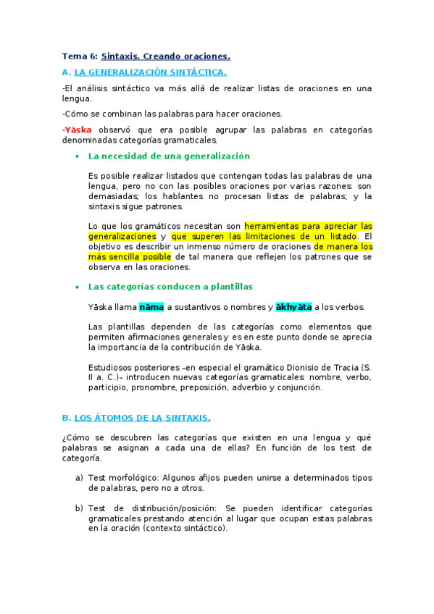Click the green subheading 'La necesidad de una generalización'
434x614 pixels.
point(169,156)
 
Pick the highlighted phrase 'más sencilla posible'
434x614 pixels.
point(130,256)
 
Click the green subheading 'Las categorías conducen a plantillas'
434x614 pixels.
point(170,287)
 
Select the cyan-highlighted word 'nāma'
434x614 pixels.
point(151,307)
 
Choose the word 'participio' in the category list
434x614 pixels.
point(108,387)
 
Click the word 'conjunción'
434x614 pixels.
point(299,387)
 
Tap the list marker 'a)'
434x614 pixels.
point(79,478)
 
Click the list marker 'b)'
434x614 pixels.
point(79,508)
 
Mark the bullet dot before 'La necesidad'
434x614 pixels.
point(77,156)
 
